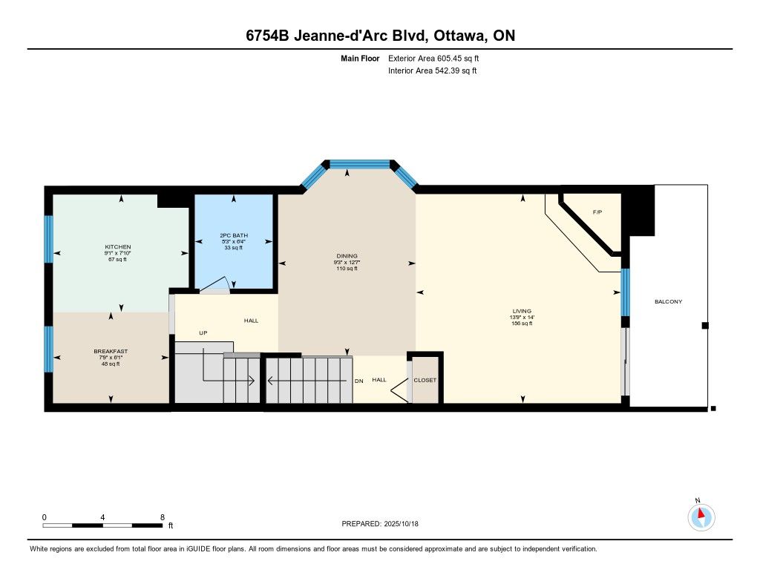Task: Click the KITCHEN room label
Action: coord(118,246)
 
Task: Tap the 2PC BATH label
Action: coord(234,235)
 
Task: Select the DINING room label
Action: coord(347,256)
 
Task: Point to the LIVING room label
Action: coord(522,311)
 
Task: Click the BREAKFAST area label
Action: coord(111,352)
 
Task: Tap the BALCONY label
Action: coord(669,301)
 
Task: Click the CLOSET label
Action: coord(425,380)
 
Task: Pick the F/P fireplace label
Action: coord(597,212)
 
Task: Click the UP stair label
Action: coord(203,333)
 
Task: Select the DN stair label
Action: coord(359,381)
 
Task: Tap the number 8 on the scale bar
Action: coord(163,517)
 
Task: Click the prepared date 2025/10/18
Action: coord(401,523)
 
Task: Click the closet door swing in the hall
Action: coord(400,390)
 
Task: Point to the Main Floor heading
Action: coord(360,58)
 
